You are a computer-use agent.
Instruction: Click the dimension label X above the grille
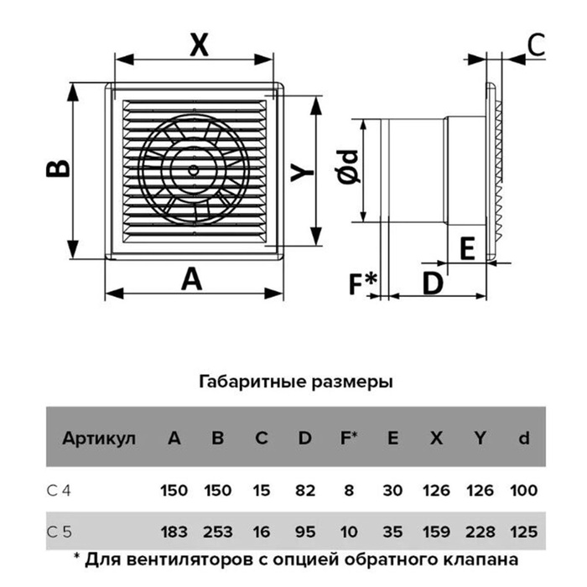pos(200,44)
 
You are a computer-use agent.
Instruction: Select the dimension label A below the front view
pos(192,279)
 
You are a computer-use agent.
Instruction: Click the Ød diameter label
pos(348,167)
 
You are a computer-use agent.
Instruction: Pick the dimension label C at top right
pos(537,44)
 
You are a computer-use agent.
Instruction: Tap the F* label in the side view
pos(362,283)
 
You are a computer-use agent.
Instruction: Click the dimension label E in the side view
pos(467,248)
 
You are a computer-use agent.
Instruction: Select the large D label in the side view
pos(433,283)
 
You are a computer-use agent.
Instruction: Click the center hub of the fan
pos(194,170)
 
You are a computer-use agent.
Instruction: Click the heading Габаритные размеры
pos(296,382)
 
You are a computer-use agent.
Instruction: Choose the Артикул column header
pos(99,438)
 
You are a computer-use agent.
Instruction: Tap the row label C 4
pos(59,490)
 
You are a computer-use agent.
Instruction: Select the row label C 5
pos(59,532)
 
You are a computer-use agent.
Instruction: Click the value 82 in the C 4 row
pos(305,490)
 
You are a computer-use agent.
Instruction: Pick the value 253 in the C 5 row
pos(218,532)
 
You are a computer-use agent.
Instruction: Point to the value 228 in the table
pos(480,532)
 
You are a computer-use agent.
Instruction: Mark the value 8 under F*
pos(349,490)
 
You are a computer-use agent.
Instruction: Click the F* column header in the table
pos(349,438)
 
